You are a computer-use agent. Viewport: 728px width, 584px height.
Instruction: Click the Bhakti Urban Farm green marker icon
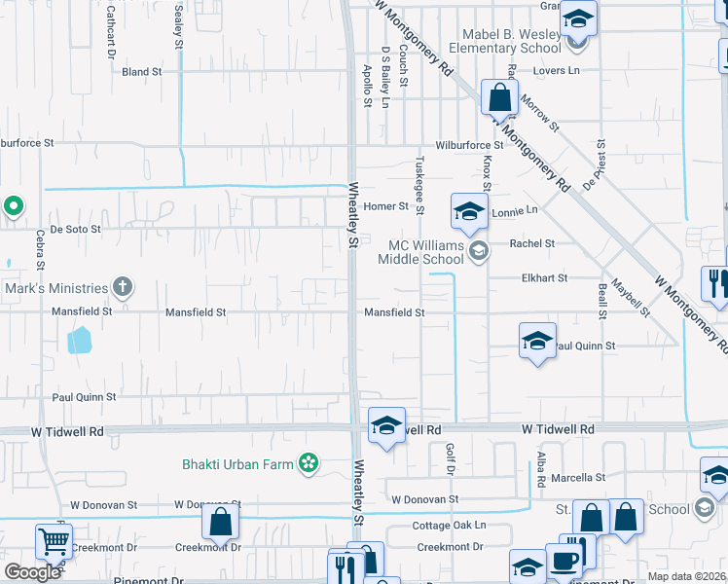(309, 464)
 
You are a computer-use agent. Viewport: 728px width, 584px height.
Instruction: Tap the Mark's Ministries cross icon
(122, 287)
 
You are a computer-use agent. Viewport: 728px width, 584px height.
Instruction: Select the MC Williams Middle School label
(426, 253)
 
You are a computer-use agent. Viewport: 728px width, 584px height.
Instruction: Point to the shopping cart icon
(54, 540)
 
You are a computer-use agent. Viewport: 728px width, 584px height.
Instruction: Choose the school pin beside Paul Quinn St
(536, 341)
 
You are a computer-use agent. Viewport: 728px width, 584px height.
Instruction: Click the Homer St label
(385, 206)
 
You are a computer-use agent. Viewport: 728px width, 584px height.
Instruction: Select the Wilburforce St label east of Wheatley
(469, 145)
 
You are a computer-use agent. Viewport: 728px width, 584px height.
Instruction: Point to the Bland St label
(142, 72)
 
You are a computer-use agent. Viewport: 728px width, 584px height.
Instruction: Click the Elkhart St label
(544, 278)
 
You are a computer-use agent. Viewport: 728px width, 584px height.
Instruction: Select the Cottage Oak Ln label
(448, 526)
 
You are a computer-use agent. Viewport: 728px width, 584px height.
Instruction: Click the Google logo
(32, 572)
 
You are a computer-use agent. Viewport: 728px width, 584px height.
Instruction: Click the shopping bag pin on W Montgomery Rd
(499, 97)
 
